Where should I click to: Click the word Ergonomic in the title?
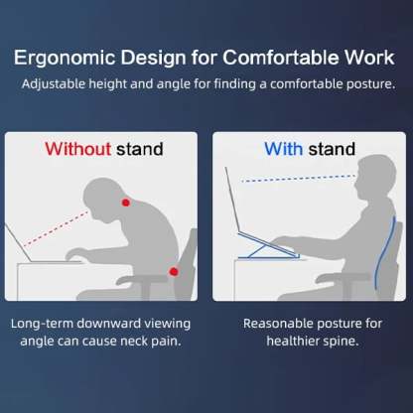click(65, 59)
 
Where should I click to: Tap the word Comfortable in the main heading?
click(281, 58)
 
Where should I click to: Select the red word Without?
click(77, 149)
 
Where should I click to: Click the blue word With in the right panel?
click(283, 149)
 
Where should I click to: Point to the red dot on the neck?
click(125, 203)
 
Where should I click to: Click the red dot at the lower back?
click(174, 272)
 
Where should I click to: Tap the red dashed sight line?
click(57, 228)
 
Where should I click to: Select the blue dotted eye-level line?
click(299, 179)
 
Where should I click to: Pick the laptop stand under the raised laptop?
click(269, 245)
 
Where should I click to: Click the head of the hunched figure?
click(102, 199)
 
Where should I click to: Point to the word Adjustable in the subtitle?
click(54, 84)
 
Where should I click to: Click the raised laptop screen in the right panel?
click(232, 200)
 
